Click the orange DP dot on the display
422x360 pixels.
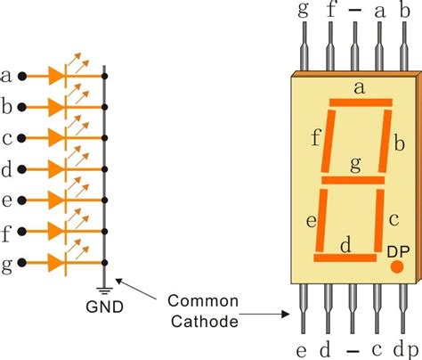(x=397, y=266)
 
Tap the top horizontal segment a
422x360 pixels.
(x=361, y=102)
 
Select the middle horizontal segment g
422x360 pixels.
(x=353, y=180)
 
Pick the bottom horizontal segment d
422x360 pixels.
(x=345, y=258)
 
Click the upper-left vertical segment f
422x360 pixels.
(x=328, y=141)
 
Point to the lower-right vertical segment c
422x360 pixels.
(x=379, y=220)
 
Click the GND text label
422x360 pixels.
(x=104, y=307)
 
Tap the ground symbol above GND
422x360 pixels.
(x=104, y=290)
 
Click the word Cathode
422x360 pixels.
(x=205, y=322)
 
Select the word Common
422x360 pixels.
(x=203, y=301)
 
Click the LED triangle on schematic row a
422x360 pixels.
(x=56, y=77)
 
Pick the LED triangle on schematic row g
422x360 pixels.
(x=56, y=263)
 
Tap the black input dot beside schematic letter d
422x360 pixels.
(x=22, y=169)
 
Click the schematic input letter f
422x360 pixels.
(x=6, y=233)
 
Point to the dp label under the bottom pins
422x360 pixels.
(x=406, y=350)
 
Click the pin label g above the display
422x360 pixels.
(x=303, y=11)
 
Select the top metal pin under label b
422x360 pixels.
(x=404, y=46)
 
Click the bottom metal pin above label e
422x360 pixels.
(x=303, y=308)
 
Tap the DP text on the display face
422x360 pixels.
(x=398, y=251)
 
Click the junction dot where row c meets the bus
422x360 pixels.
(x=104, y=138)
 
